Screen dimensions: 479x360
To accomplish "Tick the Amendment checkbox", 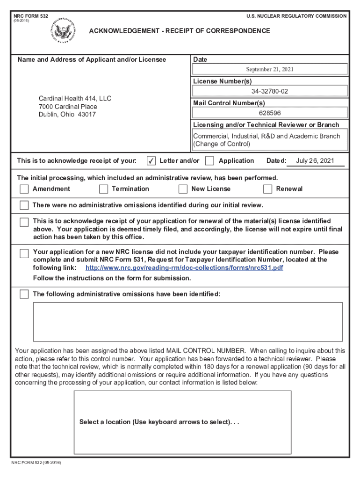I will pyautogui.click(x=24, y=189).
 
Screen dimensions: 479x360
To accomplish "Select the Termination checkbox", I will pyautogui.click(x=103, y=189).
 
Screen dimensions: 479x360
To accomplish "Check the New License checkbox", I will pyautogui.click(x=183, y=189).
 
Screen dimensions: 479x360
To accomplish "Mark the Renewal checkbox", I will pyautogui.click(x=267, y=189).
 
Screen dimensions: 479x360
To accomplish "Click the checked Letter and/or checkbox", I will pyautogui.click(x=151, y=161).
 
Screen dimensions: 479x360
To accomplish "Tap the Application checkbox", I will pyautogui.click(x=209, y=161).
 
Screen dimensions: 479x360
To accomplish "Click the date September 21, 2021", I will pyautogui.click(x=270, y=69).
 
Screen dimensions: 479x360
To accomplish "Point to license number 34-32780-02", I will pyautogui.click(x=270, y=91).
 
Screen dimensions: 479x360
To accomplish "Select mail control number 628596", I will pyautogui.click(x=270, y=113).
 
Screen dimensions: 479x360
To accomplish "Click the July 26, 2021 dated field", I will pyautogui.click(x=315, y=161).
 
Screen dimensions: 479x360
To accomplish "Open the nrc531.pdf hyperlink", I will pyautogui.click(x=184, y=268).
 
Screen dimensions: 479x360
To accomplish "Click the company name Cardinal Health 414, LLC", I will pyautogui.click(x=75, y=99).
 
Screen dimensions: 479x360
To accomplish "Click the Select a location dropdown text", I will pyautogui.click(x=159, y=422).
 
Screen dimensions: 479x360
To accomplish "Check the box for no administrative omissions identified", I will pyautogui.click(x=24, y=205).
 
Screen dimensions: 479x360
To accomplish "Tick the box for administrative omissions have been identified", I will pyautogui.click(x=24, y=294).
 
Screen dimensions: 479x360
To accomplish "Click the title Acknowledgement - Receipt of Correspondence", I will pyautogui.click(x=180, y=31).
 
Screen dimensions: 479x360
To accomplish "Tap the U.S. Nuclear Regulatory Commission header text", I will pyautogui.click(x=296, y=16).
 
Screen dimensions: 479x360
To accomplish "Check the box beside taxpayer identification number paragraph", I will pyautogui.click(x=24, y=254).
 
